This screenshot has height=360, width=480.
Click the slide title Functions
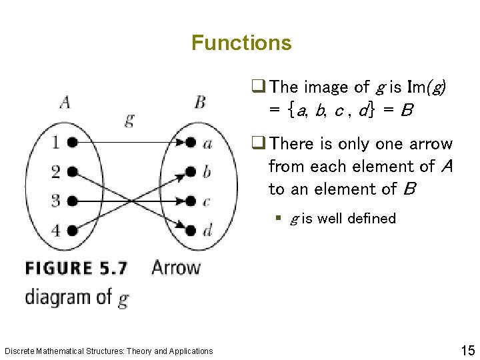pyautogui.click(x=241, y=43)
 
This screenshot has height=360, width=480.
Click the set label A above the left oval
pyautogui.click(x=65, y=102)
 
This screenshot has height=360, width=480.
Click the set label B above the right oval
pyautogui.click(x=199, y=102)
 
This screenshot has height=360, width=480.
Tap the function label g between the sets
pyautogui.click(x=129, y=120)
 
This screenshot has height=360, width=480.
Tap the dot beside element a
pyautogui.click(x=191, y=142)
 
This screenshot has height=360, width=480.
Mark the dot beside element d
pyautogui.click(x=191, y=230)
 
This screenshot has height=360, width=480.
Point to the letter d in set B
pyautogui.click(x=208, y=230)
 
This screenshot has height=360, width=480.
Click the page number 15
pyautogui.click(x=466, y=349)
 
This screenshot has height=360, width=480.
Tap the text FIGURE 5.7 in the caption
pyautogui.click(x=77, y=269)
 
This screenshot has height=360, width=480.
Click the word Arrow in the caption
pyautogui.click(x=176, y=268)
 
